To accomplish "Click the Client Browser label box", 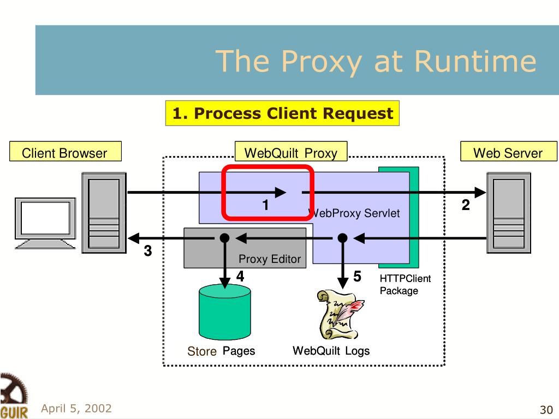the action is click(66, 152).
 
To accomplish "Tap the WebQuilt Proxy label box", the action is click(291, 152).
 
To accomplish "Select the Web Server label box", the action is click(508, 152).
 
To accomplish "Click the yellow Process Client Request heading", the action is click(282, 113).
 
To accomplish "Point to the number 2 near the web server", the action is click(466, 205).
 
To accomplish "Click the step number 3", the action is click(148, 251).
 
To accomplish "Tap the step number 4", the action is click(240, 277).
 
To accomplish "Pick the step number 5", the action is click(357, 277).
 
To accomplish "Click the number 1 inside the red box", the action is click(265, 205).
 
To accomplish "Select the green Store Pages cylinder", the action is click(224, 312).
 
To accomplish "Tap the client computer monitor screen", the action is click(45, 218).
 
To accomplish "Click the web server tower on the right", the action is click(509, 213).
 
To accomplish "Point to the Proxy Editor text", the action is click(270, 259).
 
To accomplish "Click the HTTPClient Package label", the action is click(405, 285).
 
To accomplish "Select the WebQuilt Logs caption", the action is click(331, 351).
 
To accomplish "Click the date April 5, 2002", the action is click(76, 408).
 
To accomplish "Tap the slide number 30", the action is click(546, 410).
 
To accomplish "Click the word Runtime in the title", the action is click(475, 61).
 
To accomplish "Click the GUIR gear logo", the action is click(14, 396).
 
